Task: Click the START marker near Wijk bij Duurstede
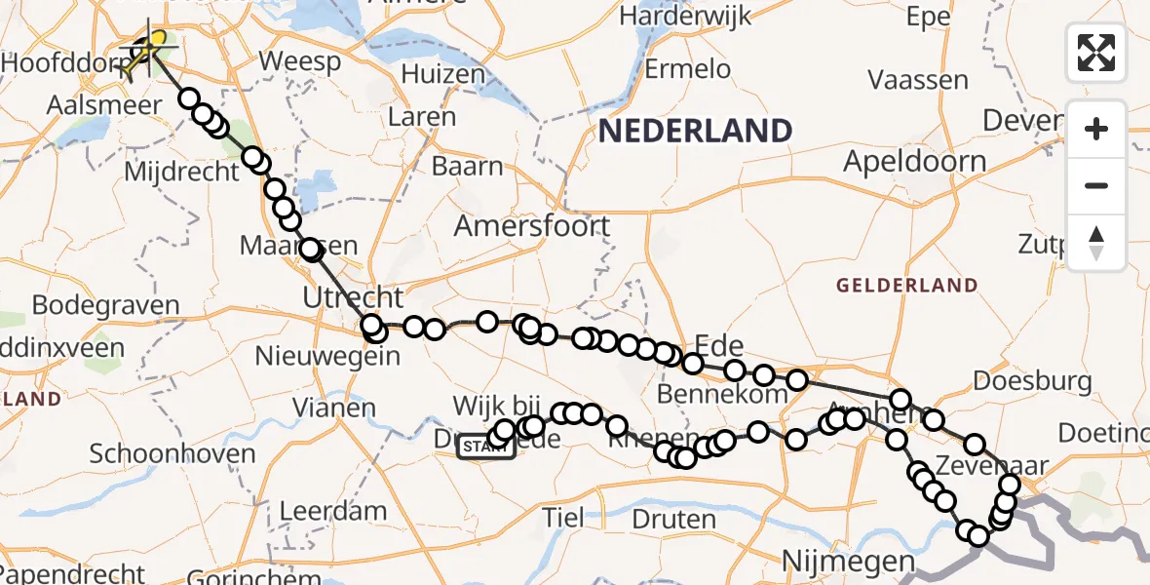(x=486, y=447)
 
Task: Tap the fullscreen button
(x=1096, y=53)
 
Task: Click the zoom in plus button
(x=1096, y=129)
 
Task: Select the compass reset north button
(x=1096, y=243)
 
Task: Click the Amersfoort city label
(x=532, y=226)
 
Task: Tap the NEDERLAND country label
(x=695, y=131)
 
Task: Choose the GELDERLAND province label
(x=906, y=286)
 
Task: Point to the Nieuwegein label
(x=340, y=355)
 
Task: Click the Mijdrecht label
(x=183, y=173)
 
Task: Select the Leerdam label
(x=332, y=511)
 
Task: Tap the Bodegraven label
(x=105, y=304)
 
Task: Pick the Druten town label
(x=672, y=518)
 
